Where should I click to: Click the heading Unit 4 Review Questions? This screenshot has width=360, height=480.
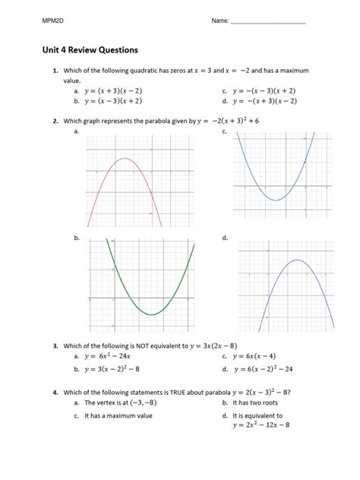pyautogui.click(x=90, y=50)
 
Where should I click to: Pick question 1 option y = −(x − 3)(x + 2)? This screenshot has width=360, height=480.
pyautogui.click(x=267, y=90)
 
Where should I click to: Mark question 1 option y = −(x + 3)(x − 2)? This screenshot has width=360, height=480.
pyautogui.click(x=267, y=99)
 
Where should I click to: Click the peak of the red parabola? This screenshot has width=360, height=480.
pyautogui.click(x=125, y=159)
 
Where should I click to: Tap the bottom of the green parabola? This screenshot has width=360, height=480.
pyautogui.click(x=154, y=314)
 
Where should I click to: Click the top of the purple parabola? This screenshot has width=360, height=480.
pyautogui.click(x=292, y=261)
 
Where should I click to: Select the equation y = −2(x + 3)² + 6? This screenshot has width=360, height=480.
pyautogui.click(x=238, y=120)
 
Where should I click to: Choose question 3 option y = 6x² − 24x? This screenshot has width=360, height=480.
pyautogui.click(x=111, y=355)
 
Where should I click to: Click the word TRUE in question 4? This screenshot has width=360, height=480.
pyautogui.click(x=167, y=392)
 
